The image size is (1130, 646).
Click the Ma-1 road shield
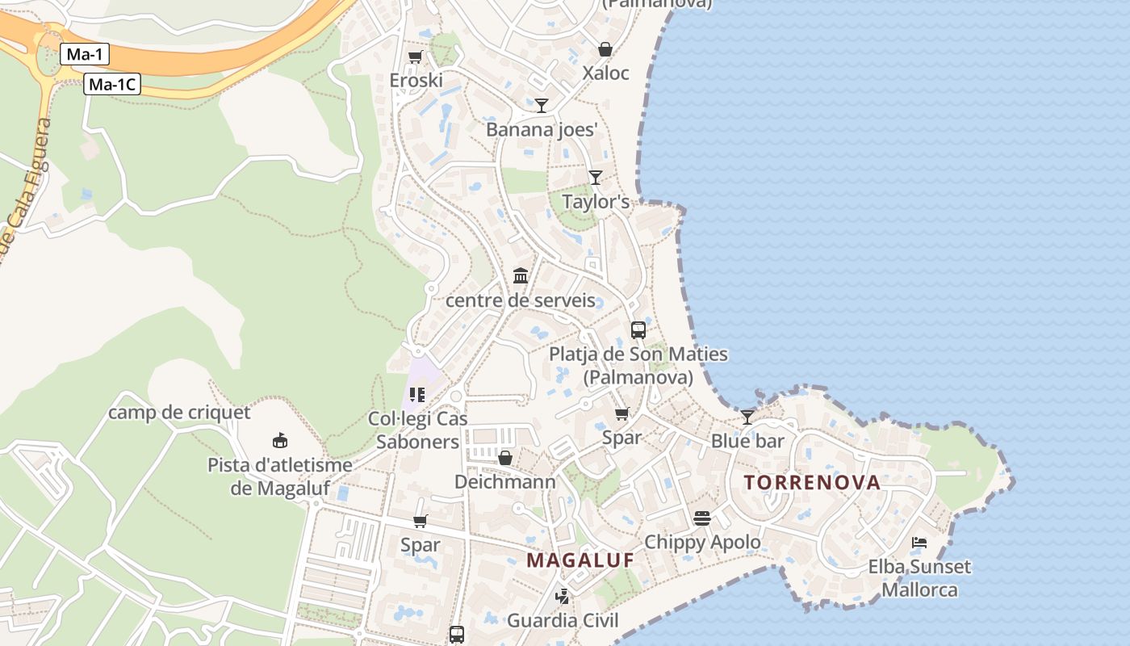click(x=84, y=55)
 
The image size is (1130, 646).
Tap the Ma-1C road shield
click(x=112, y=84)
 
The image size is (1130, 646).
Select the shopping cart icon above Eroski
click(x=415, y=57)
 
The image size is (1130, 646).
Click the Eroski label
click(x=416, y=80)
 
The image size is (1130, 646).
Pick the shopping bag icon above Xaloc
click(x=605, y=49)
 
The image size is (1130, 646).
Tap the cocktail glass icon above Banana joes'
click(x=541, y=105)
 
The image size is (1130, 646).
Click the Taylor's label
click(x=596, y=202)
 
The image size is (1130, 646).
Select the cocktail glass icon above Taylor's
click(x=595, y=177)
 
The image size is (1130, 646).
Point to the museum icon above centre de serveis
click(x=521, y=276)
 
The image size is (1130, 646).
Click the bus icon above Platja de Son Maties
click(x=638, y=329)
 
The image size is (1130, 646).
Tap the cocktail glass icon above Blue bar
click(x=747, y=417)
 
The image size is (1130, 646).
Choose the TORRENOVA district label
click(x=812, y=483)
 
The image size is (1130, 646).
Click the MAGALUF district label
click(x=580, y=560)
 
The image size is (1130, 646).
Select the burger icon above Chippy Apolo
click(x=701, y=518)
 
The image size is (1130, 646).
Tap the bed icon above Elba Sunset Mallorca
click(x=919, y=542)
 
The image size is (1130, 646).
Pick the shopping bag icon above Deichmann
click(x=505, y=458)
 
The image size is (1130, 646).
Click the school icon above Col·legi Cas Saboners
click(x=416, y=395)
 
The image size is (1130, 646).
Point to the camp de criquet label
click(x=179, y=413)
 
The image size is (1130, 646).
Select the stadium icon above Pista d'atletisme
click(x=279, y=440)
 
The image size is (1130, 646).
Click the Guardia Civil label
click(x=563, y=620)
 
